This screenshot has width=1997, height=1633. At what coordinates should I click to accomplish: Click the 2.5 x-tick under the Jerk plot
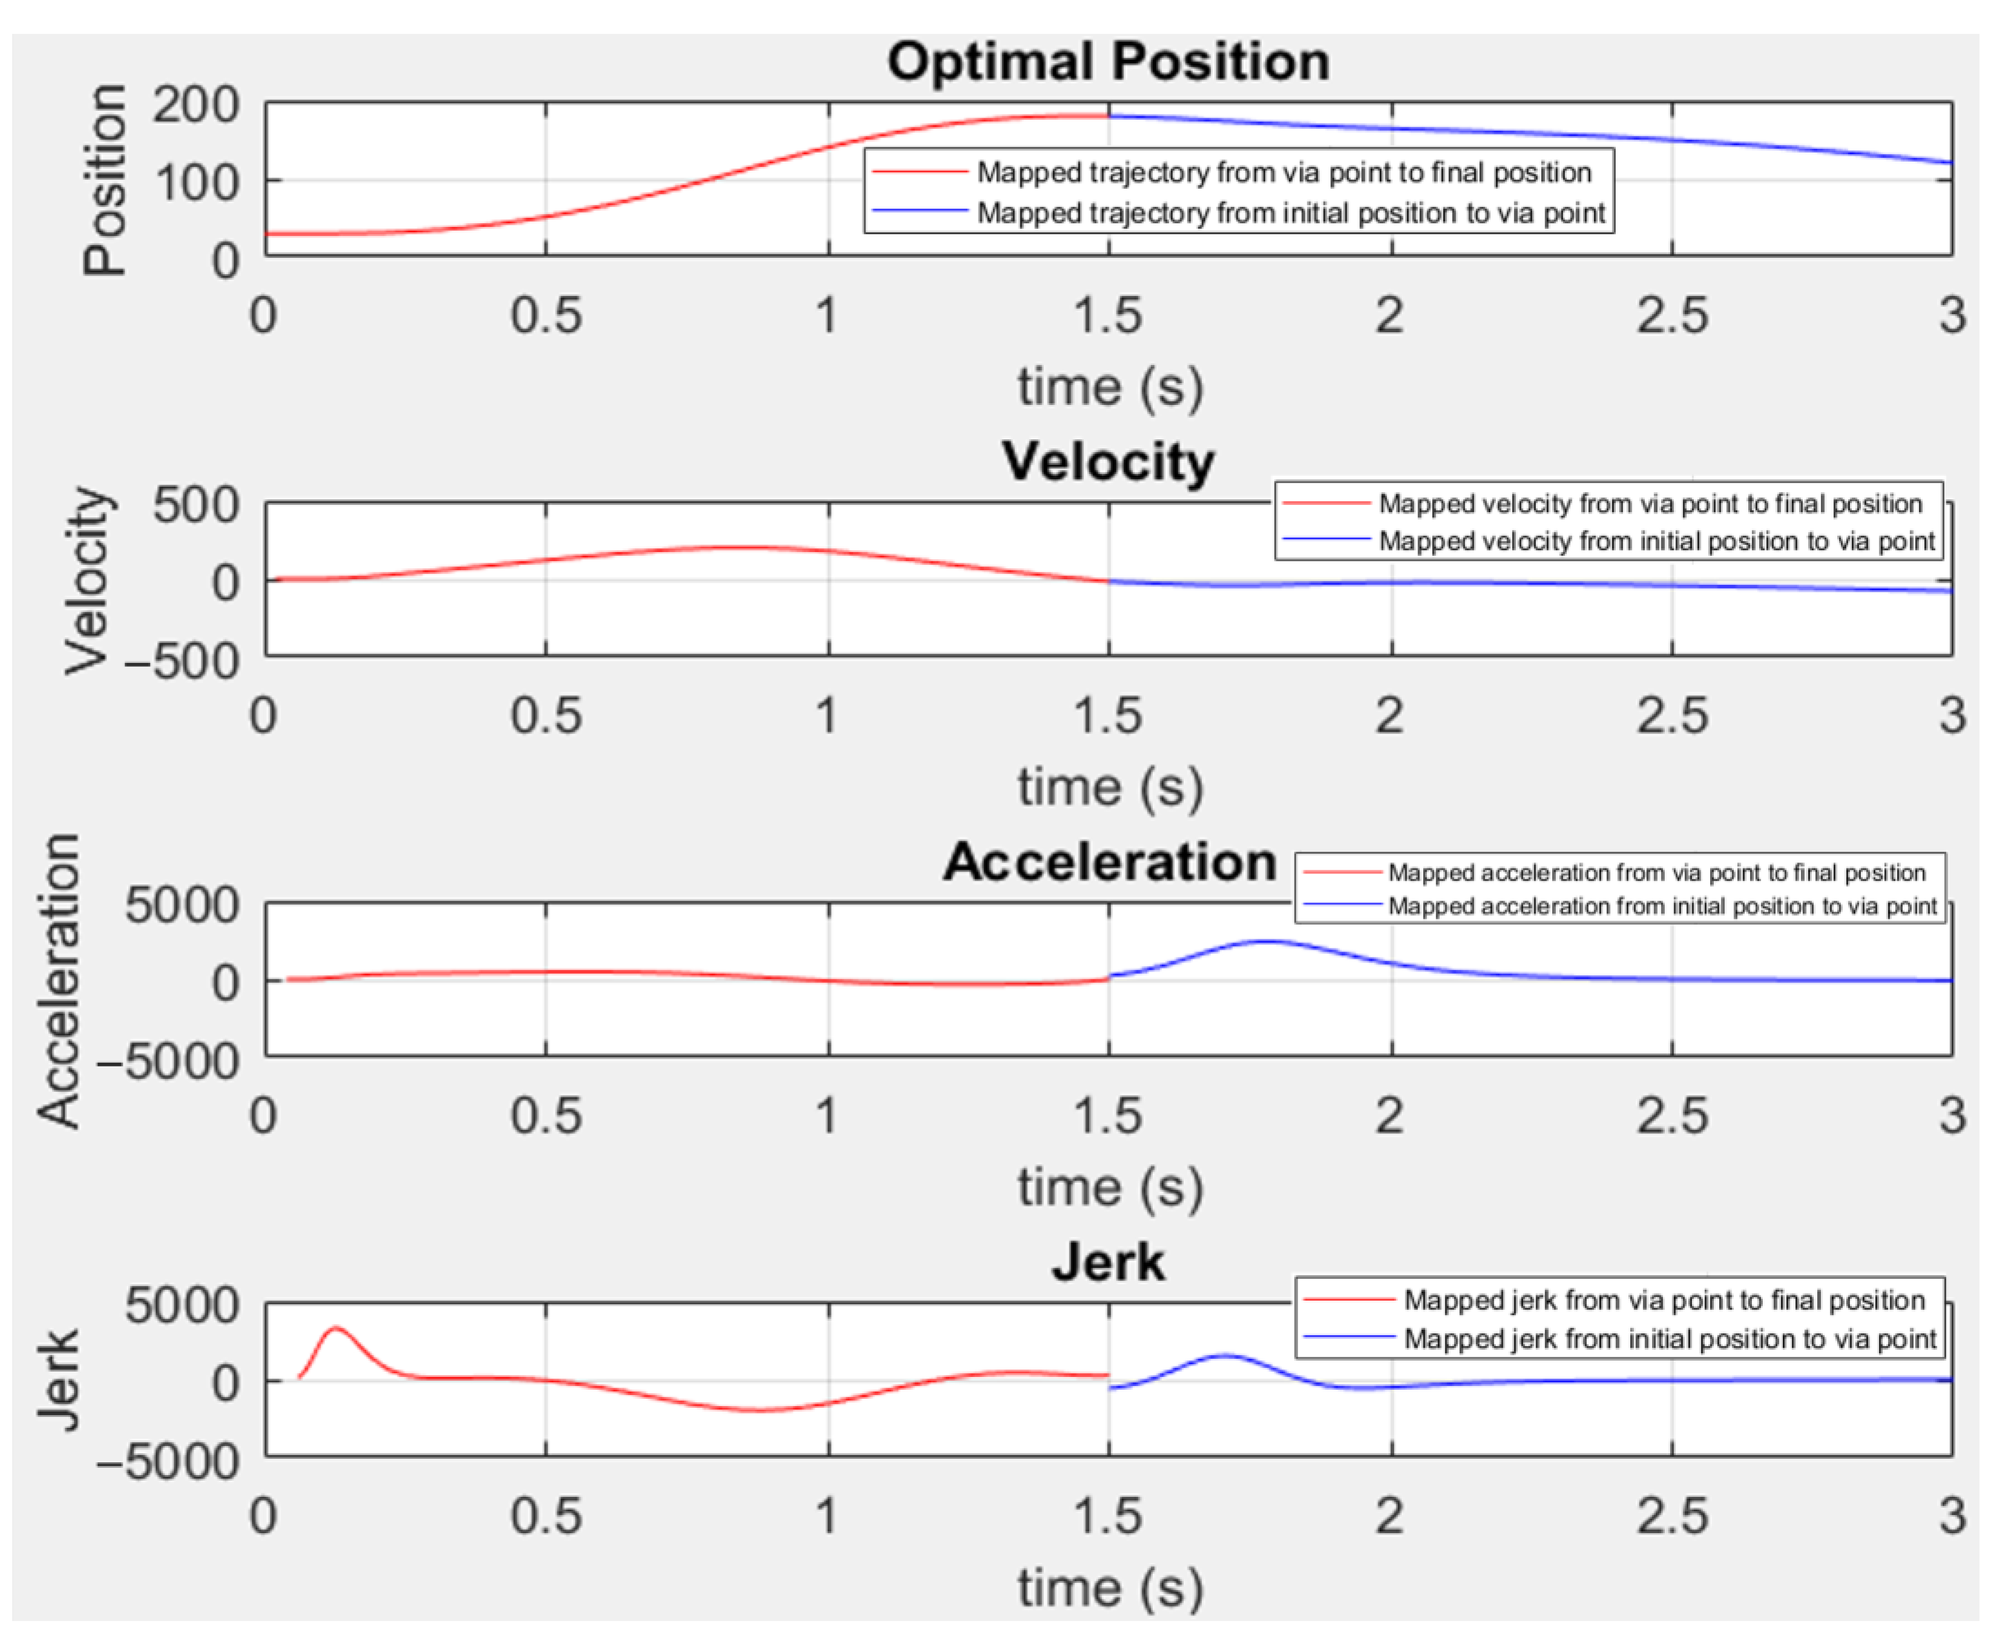click(x=1671, y=1516)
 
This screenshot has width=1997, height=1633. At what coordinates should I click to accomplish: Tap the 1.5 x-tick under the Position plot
click(x=1107, y=315)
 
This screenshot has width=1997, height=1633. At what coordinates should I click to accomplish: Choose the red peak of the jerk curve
click(x=336, y=1328)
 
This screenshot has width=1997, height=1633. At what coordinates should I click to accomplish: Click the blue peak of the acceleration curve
click(x=1267, y=941)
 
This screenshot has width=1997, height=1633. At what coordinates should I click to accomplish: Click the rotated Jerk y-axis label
click(x=58, y=1380)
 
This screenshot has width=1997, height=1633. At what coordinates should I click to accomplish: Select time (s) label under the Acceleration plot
click(x=1109, y=1187)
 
